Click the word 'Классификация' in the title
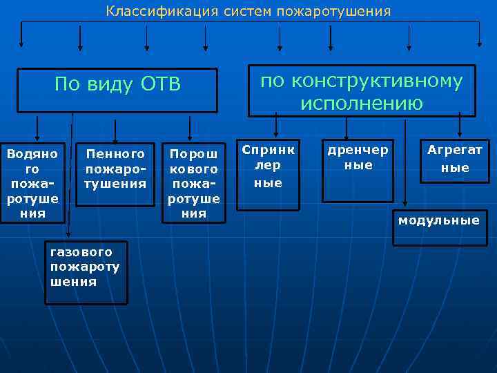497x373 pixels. [x=148, y=12]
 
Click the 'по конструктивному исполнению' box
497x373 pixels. [x=362, y=91]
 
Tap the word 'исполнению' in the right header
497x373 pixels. [x=362, y=104]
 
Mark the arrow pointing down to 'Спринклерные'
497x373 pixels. [x=276, y=126]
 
